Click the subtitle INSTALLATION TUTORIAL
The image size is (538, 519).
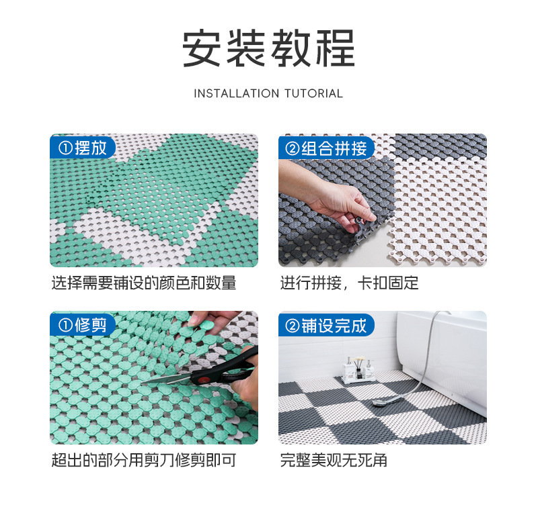coord(268,93)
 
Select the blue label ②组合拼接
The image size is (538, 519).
coord(326,148)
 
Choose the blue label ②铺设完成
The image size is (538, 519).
coord(326,326)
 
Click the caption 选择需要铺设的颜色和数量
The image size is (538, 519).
coord(144,283)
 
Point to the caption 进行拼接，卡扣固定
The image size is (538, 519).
coord(349,283)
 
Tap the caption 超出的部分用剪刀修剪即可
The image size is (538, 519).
coord(144,461)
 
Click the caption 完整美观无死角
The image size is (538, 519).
coord(334,461)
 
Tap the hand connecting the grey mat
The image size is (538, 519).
coord(336,198)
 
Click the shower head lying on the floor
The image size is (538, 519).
coord(383,402)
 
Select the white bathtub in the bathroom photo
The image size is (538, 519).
coord(444,356)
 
